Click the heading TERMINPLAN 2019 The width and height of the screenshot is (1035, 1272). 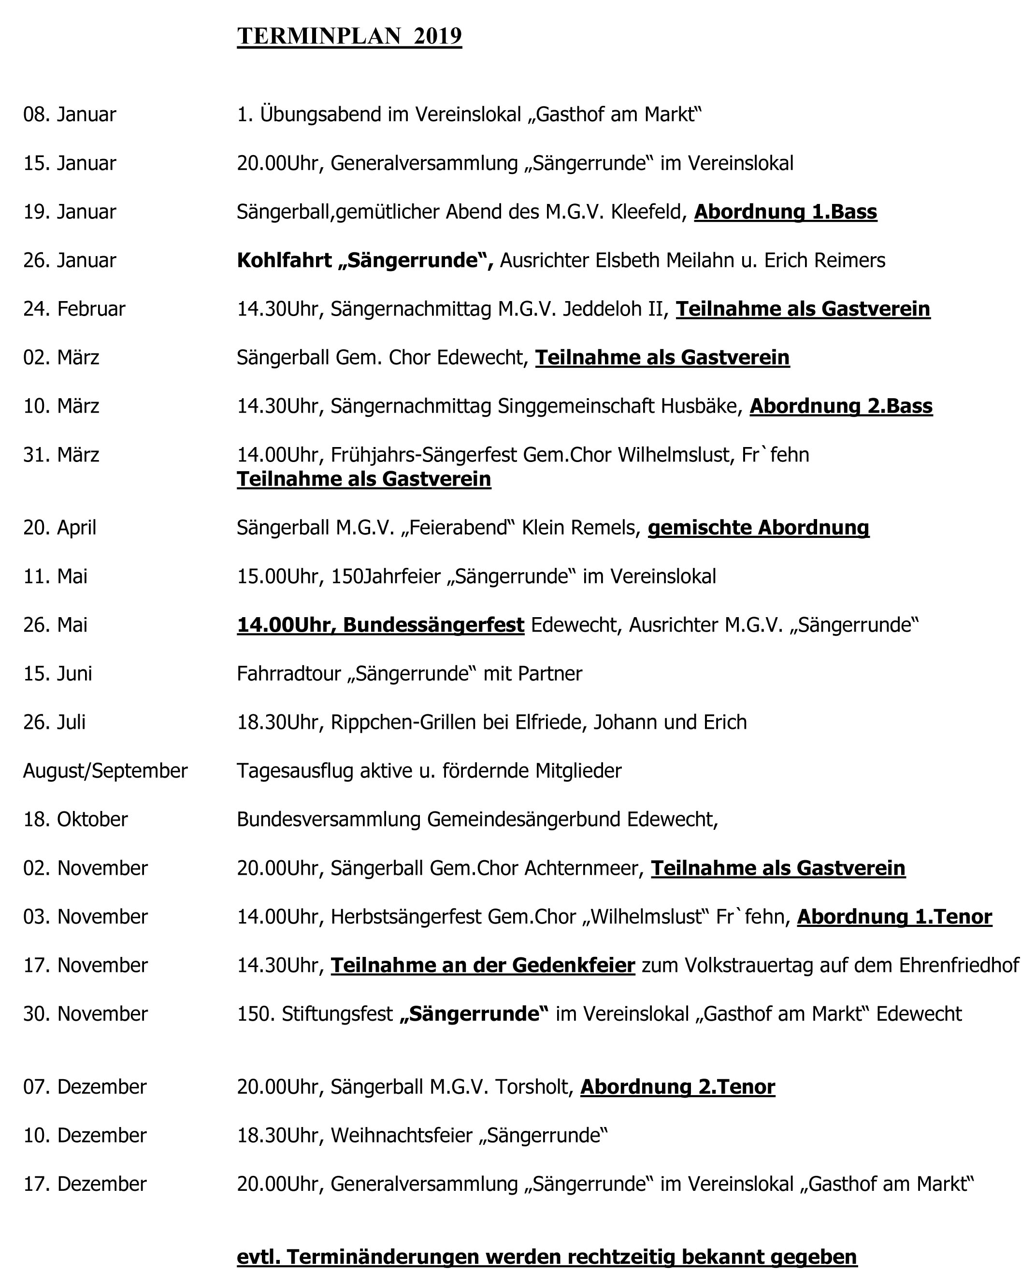[x=349, y=36]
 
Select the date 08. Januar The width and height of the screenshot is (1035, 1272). [x=70, y=115]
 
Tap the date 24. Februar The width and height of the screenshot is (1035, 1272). [x=74, y=309]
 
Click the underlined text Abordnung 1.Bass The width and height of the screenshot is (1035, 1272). [x=785, y=212]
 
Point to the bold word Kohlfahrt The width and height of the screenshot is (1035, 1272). [x=285, y=260]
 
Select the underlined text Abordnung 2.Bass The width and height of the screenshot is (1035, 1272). [x=841, y=406]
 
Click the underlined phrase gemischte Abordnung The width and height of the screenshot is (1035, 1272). [x=758, y=528]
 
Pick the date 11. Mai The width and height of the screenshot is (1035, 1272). [x=56, y=576]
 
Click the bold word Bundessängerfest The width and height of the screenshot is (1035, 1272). [x=433, y=625]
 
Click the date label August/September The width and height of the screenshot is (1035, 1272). [x=105, y=771]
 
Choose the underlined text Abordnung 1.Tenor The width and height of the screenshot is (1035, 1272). [x=894, y=917]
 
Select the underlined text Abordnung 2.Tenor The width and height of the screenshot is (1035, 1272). [x=677, y=1087]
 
